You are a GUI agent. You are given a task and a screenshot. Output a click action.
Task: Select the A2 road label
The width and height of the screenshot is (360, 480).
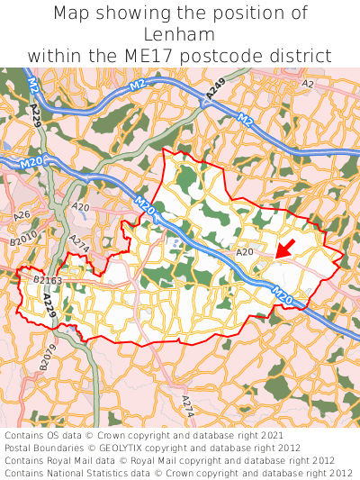point(308,84)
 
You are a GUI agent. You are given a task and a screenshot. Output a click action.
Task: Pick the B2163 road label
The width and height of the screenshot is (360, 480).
point(47,281)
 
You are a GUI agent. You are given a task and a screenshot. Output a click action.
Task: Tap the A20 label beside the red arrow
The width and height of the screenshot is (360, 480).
point(245,253)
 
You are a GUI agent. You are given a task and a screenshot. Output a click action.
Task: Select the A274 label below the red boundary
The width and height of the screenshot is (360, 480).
point(187,405)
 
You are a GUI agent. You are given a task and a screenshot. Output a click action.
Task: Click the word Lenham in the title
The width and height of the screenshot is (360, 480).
point(180,34)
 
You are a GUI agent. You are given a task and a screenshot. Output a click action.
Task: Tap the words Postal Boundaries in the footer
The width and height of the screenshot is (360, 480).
point(42,448)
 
